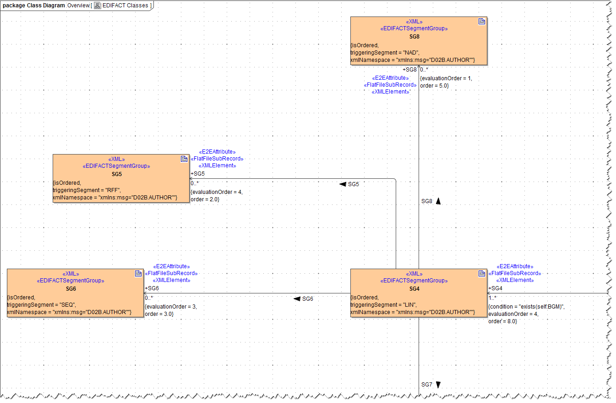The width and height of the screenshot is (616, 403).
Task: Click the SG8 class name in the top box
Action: click(x=414, y=36)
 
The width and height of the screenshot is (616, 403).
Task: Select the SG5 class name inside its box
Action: click(x=116, y=174)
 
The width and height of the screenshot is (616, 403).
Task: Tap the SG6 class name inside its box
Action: click(x=71, y=289)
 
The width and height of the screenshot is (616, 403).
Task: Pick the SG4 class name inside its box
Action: click(x=414, y=289)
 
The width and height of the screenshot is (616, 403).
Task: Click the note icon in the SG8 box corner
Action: click(x=482, y=22)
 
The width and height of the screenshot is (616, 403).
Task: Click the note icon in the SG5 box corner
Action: click(x=184, y=159)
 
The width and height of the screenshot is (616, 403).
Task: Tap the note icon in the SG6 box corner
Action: click(x=138, y=274)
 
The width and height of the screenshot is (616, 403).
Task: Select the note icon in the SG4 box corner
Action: click(x=482, y=274)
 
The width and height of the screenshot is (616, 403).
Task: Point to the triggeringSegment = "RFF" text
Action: click(x=87, y=190)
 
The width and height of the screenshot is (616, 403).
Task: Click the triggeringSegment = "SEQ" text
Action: click(x=41, y=304)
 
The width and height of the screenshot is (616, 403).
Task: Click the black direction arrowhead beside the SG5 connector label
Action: click(x=343, y=184)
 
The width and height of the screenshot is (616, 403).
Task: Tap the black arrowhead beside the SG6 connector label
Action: click(x=297, y=299)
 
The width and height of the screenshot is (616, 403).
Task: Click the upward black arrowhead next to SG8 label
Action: click(x=438, y=201)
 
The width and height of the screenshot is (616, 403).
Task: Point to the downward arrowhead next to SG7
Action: click(x=438, y=385)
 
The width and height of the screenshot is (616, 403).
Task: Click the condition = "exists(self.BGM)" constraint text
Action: click(x=527, y=307)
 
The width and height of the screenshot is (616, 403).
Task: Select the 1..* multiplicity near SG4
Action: click(x=493, y=298)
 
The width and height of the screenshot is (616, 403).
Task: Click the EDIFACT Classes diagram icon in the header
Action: click(x=98, y=6)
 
